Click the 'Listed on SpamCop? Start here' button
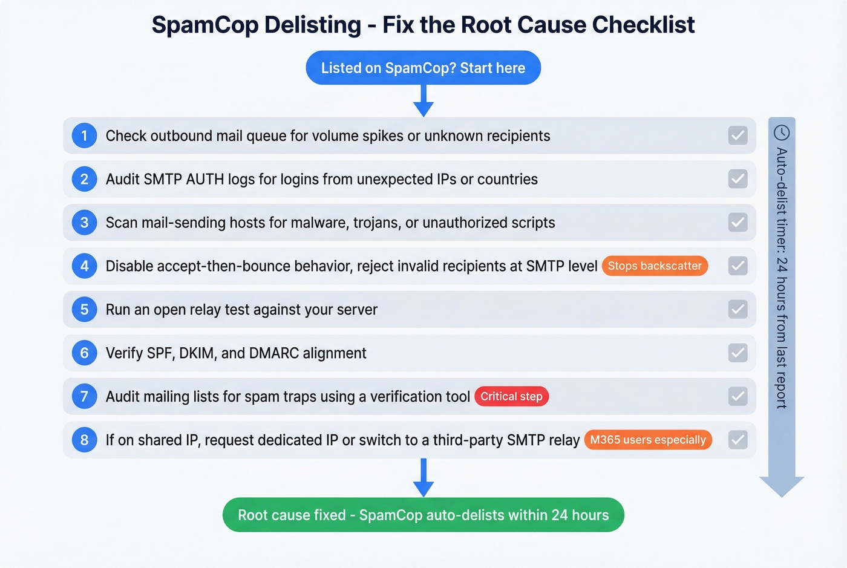(423, 68)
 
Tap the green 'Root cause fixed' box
(423, 515)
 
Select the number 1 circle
(84, 135)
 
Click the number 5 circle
(84, 310)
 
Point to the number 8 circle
(84, 440)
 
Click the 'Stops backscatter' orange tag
(655, 266)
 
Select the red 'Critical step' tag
(511, 397)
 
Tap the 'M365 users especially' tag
(648, 440)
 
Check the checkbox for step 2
(737, 179)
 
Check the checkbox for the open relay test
(737, 310)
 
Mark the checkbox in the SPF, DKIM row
(737, 353)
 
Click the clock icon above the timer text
(782, 132)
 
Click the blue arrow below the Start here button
(423, 102)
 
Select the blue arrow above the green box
(423, 478)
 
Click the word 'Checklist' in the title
(643, 25)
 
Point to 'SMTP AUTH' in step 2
(184, 179)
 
